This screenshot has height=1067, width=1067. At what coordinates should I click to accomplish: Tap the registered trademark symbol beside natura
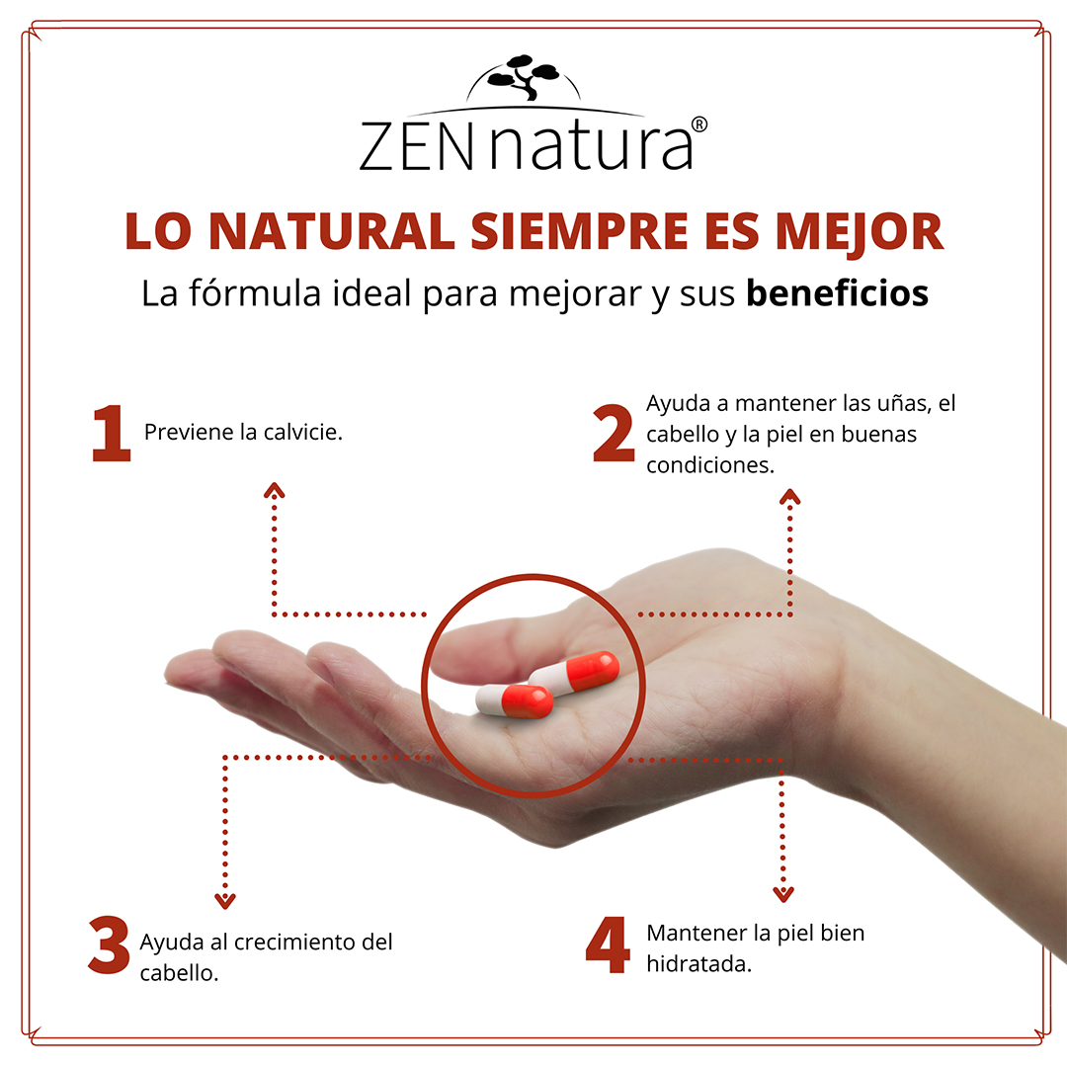click(699, 124)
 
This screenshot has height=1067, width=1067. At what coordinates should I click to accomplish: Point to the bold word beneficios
click(837, 293)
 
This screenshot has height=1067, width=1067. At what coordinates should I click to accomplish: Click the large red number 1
click(111, 435)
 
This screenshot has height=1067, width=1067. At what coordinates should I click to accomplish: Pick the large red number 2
click(614, 435)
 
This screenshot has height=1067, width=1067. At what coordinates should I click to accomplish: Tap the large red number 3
click(109, 944)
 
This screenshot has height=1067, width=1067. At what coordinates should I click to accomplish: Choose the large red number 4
click(608, 944)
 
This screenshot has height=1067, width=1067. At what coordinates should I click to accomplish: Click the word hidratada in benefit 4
click(698, 963)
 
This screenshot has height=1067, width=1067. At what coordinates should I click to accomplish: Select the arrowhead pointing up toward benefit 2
click(789, 496)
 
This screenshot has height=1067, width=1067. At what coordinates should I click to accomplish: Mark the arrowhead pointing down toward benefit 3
click(226, 900)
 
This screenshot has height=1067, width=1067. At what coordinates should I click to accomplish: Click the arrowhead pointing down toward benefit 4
click(783, 895)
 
